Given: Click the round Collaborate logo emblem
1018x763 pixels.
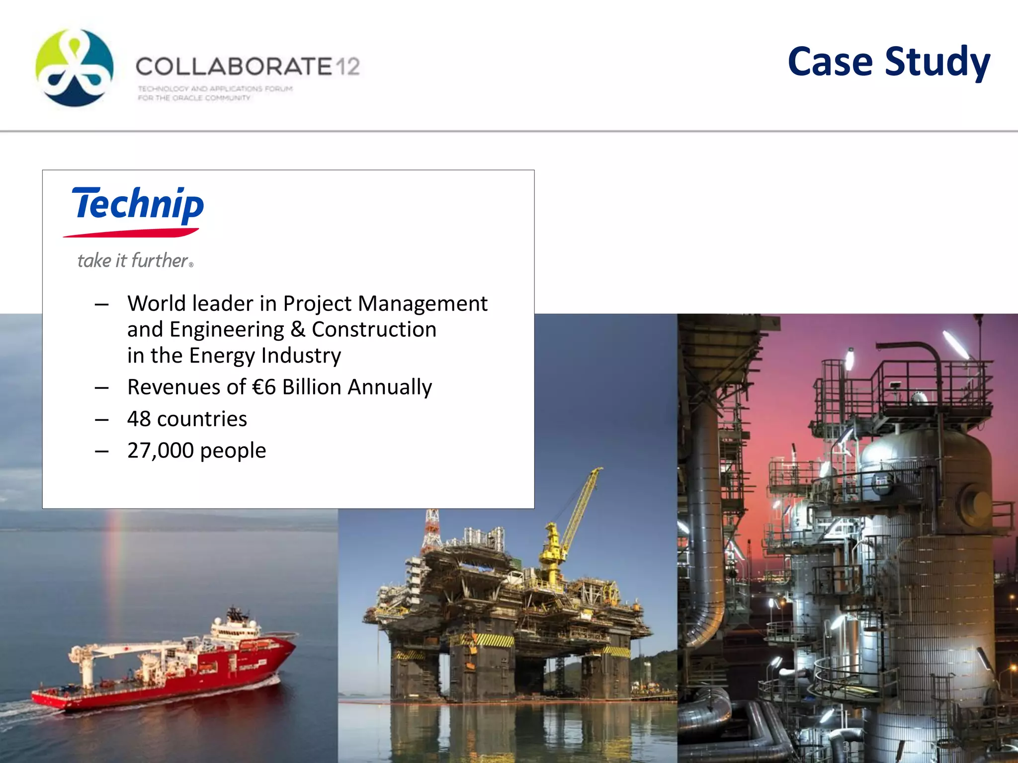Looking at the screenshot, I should pos(75,68).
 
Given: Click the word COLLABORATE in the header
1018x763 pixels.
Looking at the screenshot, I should pos(234,67).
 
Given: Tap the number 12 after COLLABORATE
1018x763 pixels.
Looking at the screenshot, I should pos(347,67).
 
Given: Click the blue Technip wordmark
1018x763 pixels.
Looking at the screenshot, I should pos(138,205).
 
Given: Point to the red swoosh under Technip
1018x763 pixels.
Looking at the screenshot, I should pos(131,232).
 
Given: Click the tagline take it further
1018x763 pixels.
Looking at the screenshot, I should pos(134,261).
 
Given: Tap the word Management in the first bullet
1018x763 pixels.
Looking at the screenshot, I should pos(423,304).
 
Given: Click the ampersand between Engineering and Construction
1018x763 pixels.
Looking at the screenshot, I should pos(298,329).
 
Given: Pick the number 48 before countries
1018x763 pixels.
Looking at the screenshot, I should pos(139,419).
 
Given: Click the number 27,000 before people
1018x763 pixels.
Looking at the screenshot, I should pos(160,451).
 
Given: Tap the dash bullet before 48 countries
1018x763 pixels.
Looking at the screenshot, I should pos(102,420).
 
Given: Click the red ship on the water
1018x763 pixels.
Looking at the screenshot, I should pos(169,666).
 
